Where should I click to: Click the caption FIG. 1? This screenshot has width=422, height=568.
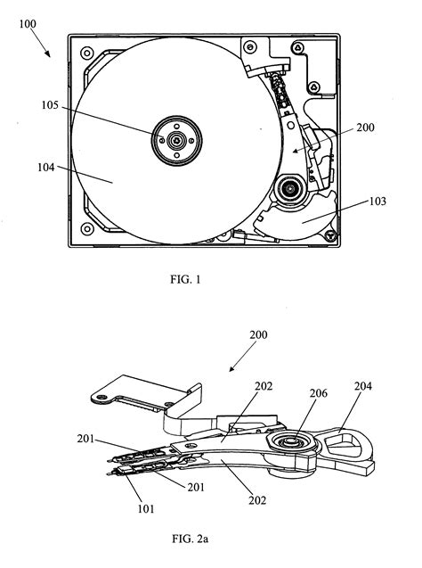(186, 279)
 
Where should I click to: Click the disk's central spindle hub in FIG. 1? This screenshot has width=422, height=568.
(176, 140)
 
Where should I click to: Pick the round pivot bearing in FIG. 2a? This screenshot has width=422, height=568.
(288, 442)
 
